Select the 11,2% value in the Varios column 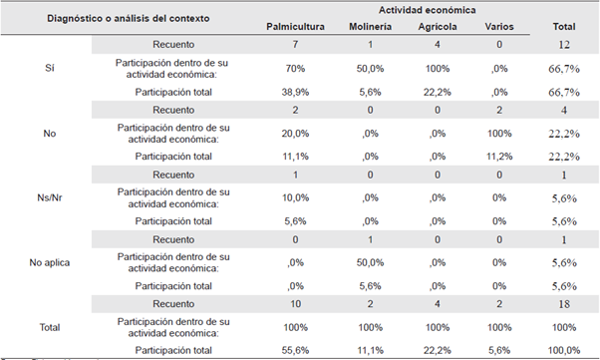tap(496, 156)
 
